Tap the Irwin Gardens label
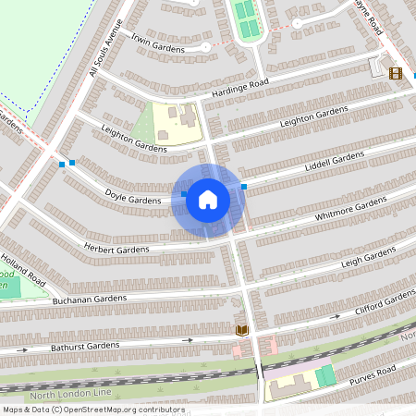[157, 43]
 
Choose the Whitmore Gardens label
[351, 209]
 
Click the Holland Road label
[23, 268]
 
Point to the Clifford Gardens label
[385, 302]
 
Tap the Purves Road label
[372, 374]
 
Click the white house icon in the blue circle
[208, 200]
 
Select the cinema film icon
[396, 73]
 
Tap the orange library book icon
[242, 330]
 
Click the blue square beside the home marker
[244, 187]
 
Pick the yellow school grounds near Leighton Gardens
[176, 123]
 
